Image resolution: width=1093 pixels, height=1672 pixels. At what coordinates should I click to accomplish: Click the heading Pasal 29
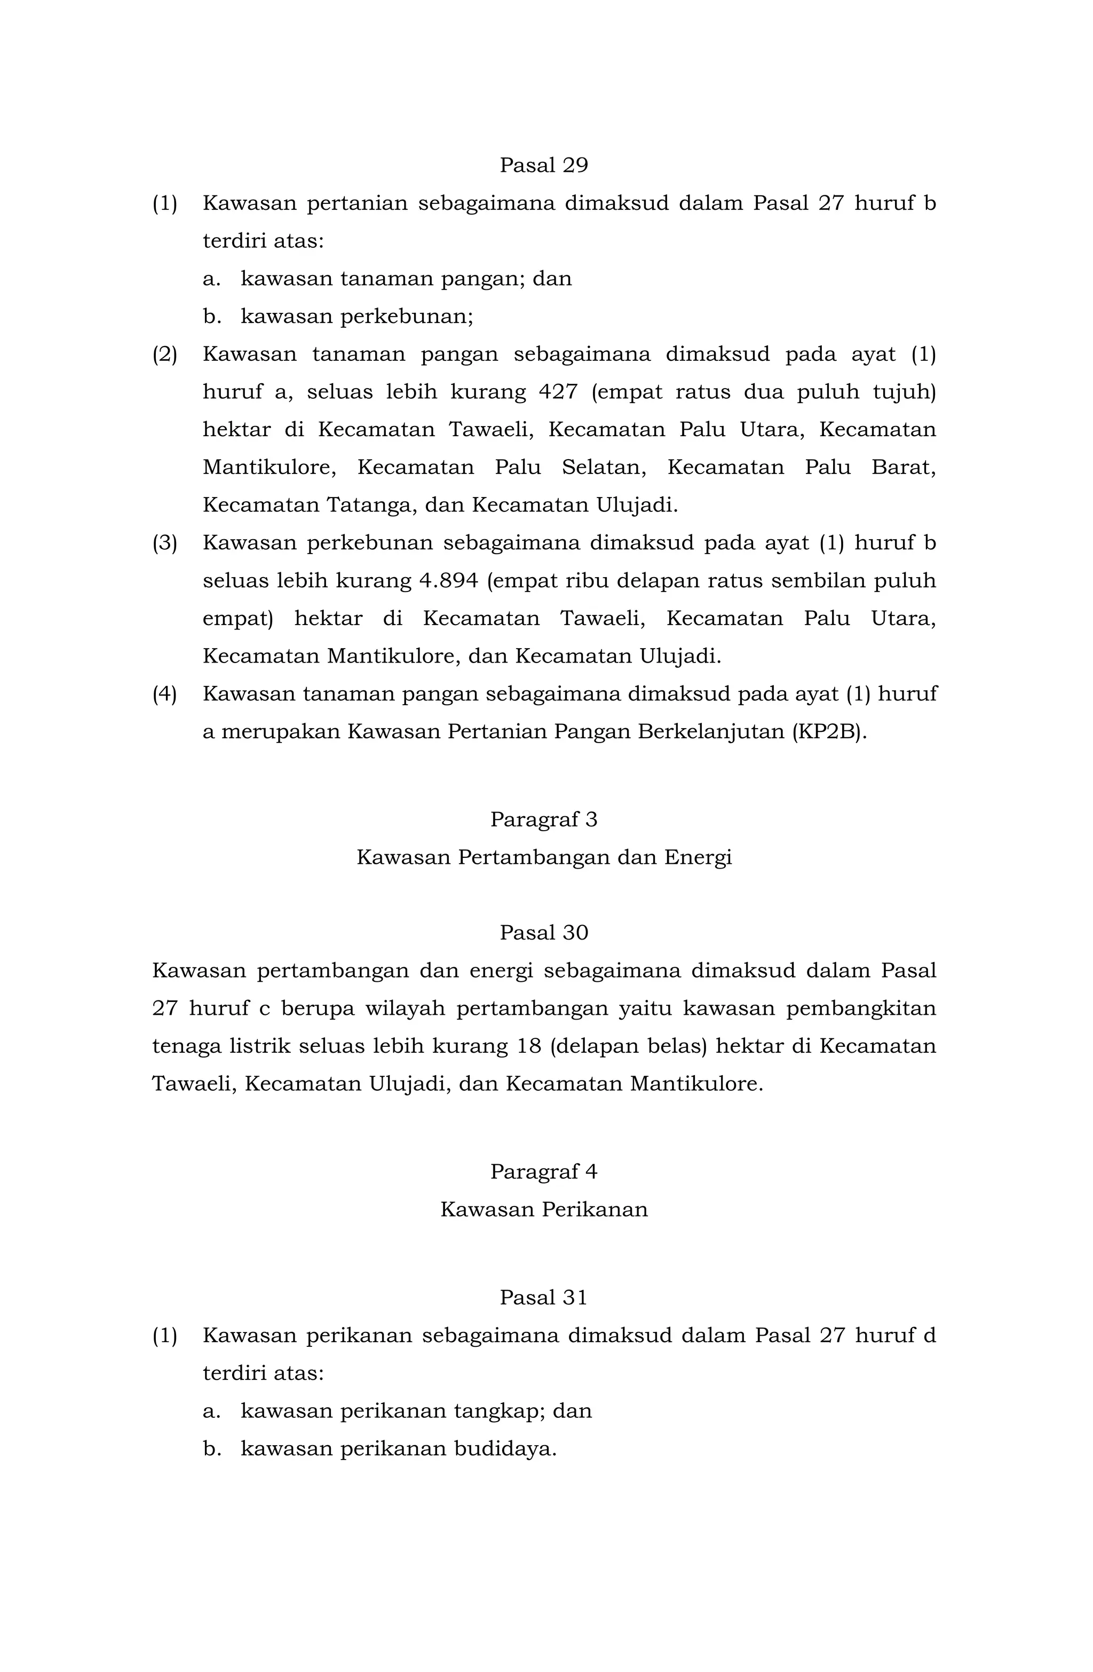[544, 165]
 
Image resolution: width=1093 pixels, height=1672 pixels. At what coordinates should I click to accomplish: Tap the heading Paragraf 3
[544, 819]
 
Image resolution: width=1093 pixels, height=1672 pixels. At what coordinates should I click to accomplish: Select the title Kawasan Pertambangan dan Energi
[544, 857]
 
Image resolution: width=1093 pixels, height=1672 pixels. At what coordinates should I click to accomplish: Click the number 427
[558, 391]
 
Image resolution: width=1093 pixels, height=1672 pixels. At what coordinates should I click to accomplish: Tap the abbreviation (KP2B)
[829, 731]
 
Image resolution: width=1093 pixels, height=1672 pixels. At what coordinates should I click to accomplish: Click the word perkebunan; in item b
[407, 317]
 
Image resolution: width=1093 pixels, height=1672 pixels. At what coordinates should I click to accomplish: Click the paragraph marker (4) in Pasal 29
[165, 693]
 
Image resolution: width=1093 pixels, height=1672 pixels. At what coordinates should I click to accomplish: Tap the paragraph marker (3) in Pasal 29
[165, 542]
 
